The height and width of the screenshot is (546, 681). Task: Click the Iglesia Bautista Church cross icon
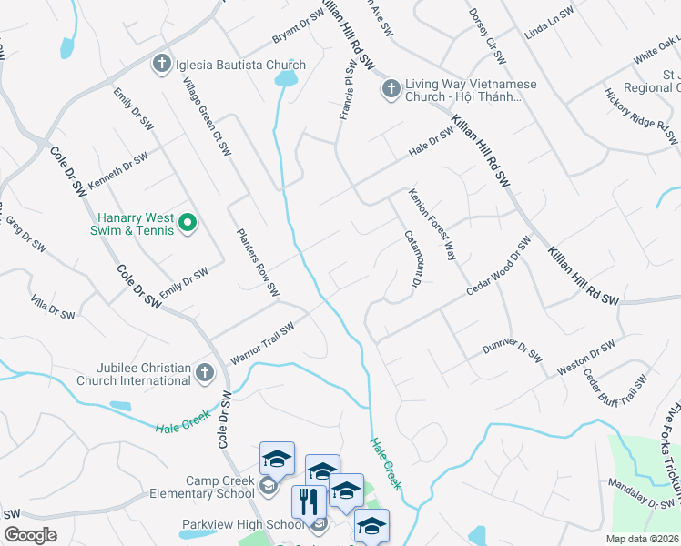[160, 64]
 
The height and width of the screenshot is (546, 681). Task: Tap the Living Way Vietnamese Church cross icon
[391, 88]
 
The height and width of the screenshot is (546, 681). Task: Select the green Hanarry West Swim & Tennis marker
[188, 222]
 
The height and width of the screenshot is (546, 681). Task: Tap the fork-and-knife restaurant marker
[310, 502]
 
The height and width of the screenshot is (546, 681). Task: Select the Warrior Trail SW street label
[263, 346]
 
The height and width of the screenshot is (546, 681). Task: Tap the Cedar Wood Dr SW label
[498, 266]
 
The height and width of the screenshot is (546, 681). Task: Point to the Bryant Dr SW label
[299, 27]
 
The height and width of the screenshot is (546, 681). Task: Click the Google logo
[30, 535]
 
